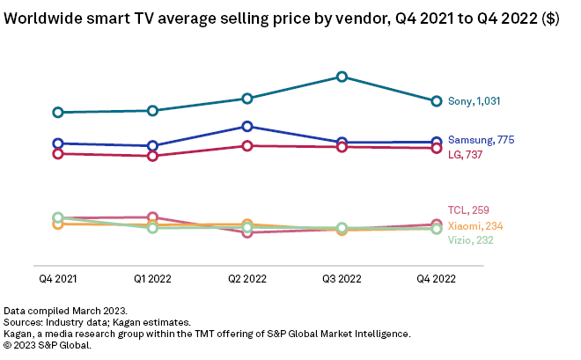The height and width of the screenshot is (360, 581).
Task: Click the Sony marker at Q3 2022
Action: pyautogui.click(x=342, y=77)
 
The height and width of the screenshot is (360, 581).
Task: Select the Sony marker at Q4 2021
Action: pyautogui.click(x=58, y=112)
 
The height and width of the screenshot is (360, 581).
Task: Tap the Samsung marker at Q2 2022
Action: pyautogui.click(x=247, y=126)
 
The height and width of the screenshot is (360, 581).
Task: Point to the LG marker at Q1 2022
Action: pyautogui.click(x=152, y=156)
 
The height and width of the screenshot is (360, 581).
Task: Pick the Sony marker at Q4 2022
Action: pyautogui.click(x=436, y=101)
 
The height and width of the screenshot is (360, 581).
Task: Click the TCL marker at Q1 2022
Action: pyautogui.click(x=152, y=217)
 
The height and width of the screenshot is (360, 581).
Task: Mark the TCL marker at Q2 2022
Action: pyautogui.click(x=247, y=232)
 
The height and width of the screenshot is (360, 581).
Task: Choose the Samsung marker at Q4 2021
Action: pyautogui.click(x=58, y=143)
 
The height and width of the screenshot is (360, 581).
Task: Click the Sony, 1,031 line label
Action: pyautogui.click(x=474, y=101)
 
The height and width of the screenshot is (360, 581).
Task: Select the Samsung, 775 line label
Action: pyautogui.click(x=481, y=140)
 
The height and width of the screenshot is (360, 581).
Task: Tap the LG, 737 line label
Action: pyautogui.click(x=466, y=155)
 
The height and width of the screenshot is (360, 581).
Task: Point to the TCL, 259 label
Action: pyautogui.click(x=468, y=209)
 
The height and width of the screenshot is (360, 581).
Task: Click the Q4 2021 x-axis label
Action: pyautogui.click(x=58, y=279)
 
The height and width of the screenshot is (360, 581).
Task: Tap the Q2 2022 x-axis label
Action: pyautogui.click(x=247, y=279)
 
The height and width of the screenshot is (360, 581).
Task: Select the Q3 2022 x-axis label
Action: pyautogui.click(x=342, y=279)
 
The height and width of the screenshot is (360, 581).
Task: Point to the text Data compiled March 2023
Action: pyautogui.click(x=66, y=311)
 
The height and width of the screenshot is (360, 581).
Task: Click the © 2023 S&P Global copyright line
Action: pyautogui.click(x=48, y=345)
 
